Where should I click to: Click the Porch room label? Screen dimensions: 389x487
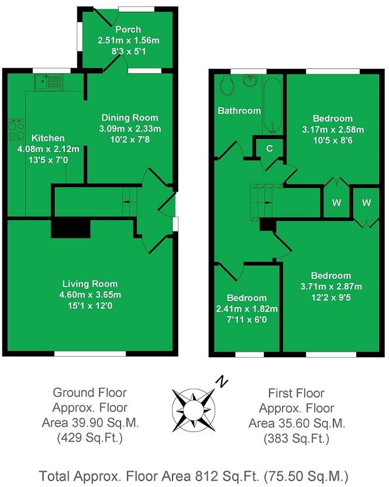(128, 29)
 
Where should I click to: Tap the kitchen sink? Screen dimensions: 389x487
(49, 82)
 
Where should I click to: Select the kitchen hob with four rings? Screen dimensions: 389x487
(16, 130)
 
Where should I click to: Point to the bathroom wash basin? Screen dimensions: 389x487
(250, 81)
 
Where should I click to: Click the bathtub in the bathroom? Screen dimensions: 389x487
(272, 104)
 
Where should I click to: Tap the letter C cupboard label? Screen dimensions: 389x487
(270, 148)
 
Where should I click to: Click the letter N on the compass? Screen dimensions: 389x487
(222, 382)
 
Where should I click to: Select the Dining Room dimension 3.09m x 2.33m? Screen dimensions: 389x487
(130, 129)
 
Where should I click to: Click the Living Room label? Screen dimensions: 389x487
(90, 284)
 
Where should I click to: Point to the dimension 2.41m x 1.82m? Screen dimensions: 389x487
(247, 309)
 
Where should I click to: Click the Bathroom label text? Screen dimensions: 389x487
(239, 110)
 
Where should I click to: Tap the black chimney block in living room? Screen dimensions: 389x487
(71, 229)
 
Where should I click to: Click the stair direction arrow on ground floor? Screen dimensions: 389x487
(127, 202)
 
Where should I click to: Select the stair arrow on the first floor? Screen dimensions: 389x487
(267, 202)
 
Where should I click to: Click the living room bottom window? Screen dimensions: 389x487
(90, 354)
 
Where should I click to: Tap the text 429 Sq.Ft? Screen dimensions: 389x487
(90, 438)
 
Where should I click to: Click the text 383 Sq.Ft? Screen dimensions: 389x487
(297, 438)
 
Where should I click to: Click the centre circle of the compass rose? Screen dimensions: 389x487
(193, 410)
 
